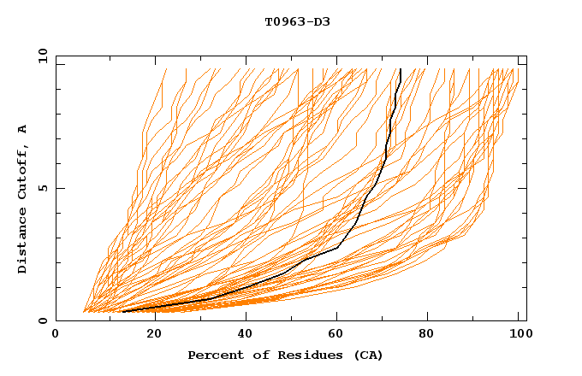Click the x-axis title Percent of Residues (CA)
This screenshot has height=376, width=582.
click(x=285, y=355)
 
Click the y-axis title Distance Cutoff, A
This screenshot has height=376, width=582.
click(x=22, y=199)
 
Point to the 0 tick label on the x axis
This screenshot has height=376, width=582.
click(x=56, y=334)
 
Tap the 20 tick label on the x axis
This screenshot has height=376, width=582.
click(x=149, y=334)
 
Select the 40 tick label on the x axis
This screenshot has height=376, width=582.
click(x=243, y=334)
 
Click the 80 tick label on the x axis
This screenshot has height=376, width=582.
click(x=431, y=334)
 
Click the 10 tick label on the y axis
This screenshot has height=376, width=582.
click(x=42, y=56)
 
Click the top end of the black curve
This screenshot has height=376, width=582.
click(x=401, y=69)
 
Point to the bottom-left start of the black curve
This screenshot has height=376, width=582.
click(x=123, y=312)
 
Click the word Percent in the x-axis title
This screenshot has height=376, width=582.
click(x=214, y=355)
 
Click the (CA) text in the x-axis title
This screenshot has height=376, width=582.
click(x=368, y=355)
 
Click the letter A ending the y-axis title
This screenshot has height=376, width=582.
click(x=22, y=129)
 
